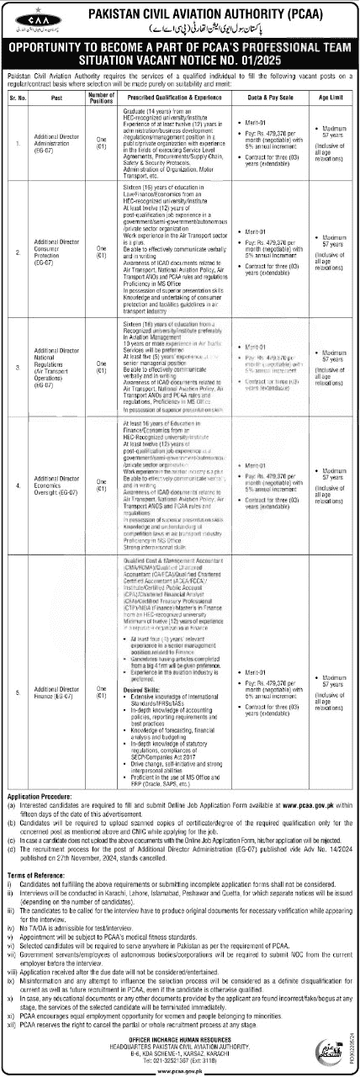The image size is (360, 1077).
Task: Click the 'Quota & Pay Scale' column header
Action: click(265, 95)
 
